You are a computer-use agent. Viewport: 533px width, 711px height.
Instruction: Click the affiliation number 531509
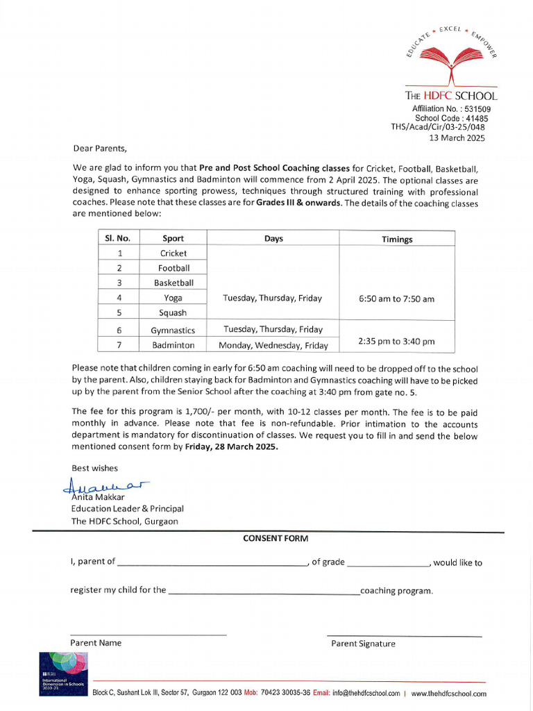477,109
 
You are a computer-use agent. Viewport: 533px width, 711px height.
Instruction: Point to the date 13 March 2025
457,137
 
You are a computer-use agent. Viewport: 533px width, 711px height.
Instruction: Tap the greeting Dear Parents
101,148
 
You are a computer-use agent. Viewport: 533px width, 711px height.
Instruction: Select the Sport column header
173,238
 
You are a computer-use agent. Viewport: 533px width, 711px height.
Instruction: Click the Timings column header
396,239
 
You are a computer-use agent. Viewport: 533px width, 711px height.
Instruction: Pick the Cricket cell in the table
173,253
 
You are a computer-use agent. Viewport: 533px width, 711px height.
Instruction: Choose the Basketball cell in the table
174,283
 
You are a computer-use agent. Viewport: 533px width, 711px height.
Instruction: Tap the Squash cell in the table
173,312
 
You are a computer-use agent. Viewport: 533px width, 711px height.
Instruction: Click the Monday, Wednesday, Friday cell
273,345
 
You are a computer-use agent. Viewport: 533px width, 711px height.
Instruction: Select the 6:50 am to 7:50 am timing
396,299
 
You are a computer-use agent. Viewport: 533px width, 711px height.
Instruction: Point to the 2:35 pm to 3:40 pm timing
396,341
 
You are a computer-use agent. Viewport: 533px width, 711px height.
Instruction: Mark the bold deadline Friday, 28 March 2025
231,447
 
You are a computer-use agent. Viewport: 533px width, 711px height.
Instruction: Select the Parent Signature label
363,644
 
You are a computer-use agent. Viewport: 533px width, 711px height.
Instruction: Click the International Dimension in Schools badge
63,674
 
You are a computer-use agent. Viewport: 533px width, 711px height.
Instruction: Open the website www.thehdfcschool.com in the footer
448,693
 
